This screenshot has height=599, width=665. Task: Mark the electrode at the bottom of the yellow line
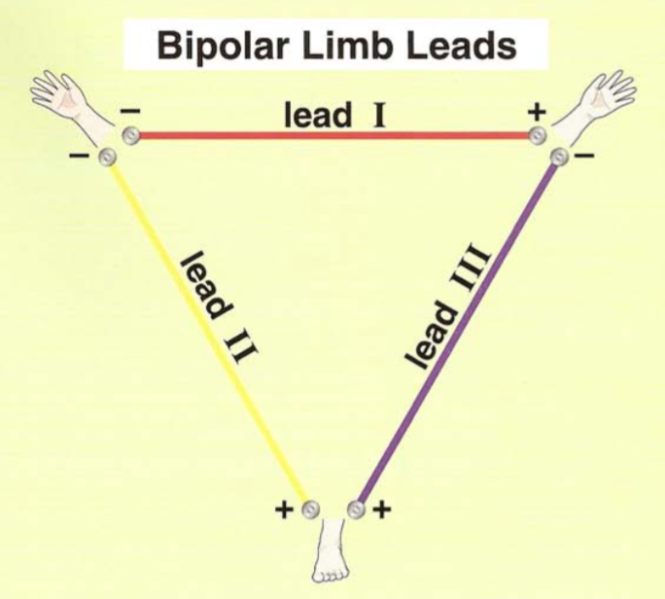(x=309, y=509)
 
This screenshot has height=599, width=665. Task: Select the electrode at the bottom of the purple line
(x=357, y=509)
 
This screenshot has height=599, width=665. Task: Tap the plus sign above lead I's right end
(x=536, y=113)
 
